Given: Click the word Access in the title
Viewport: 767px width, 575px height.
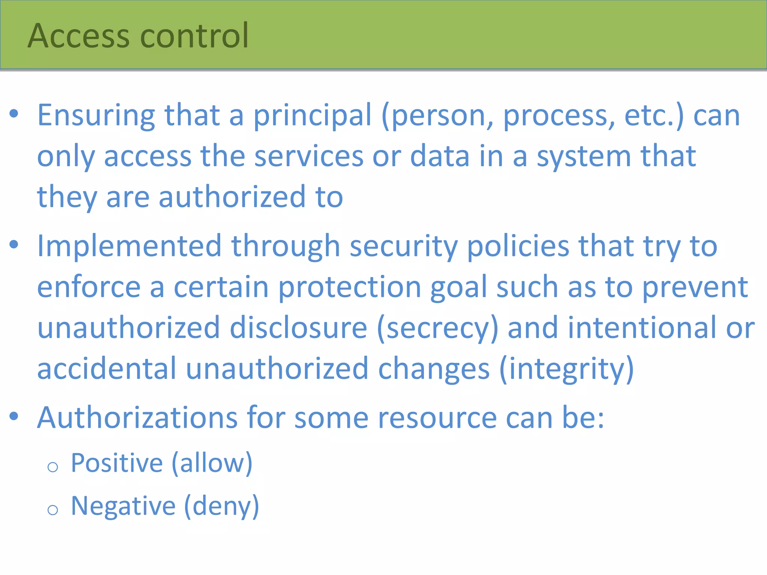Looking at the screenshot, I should click(79, 36).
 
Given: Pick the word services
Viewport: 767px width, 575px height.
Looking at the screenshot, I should click(309, 156).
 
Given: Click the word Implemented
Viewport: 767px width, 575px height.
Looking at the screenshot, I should click(129, 246).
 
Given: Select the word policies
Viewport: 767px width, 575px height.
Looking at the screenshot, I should click(518, 246).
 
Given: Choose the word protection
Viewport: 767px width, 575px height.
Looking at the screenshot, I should click(350, 287).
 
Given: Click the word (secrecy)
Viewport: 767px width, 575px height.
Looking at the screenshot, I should click(437, 328).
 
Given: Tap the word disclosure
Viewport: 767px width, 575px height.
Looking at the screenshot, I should click(298, 328).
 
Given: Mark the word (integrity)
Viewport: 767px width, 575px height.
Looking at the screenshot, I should click(566, 369).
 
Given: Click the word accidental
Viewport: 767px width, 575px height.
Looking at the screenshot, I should click(107, 369).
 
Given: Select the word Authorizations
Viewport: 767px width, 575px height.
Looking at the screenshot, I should click(137, 418).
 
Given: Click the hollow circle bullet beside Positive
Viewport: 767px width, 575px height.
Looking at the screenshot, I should click(53, 467).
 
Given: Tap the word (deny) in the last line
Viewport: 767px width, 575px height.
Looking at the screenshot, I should click(222, 506).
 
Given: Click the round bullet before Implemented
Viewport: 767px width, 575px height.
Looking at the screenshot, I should click(14, 245).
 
